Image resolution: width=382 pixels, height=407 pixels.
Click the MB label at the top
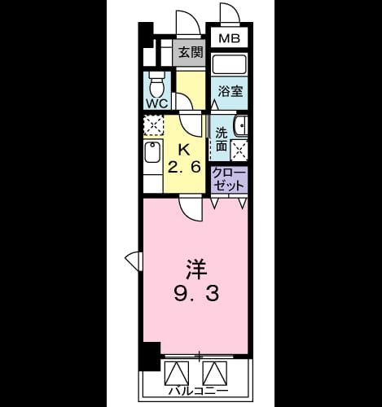pos(230,38)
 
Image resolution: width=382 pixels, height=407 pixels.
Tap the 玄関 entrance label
pos(191,52)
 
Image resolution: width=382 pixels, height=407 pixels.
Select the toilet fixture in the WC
pos(157,85)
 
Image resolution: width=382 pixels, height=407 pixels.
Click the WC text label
pos(157,103)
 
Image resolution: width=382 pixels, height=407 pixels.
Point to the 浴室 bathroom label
pos(231,91)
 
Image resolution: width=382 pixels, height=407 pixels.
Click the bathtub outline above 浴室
pos(230,64)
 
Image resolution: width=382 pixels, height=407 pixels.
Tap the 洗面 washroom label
pos(222,139)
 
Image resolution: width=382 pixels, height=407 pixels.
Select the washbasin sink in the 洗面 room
pos(241,125)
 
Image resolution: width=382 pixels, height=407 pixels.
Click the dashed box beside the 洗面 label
pos(239,151)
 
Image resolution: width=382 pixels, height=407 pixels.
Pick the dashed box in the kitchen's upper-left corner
pos(154,125)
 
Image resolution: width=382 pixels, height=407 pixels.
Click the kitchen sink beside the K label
pos(152,152)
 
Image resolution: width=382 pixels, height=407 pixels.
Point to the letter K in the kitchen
pos(184,150)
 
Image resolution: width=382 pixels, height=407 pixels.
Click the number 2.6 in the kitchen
pos(184,167)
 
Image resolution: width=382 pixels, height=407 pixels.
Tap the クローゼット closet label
pos(228,179)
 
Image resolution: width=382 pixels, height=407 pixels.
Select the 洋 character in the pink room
pos(196,269)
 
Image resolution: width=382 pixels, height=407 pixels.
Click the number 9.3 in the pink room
pos(196,294)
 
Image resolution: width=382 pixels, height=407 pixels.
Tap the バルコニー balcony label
pos(199,391)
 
